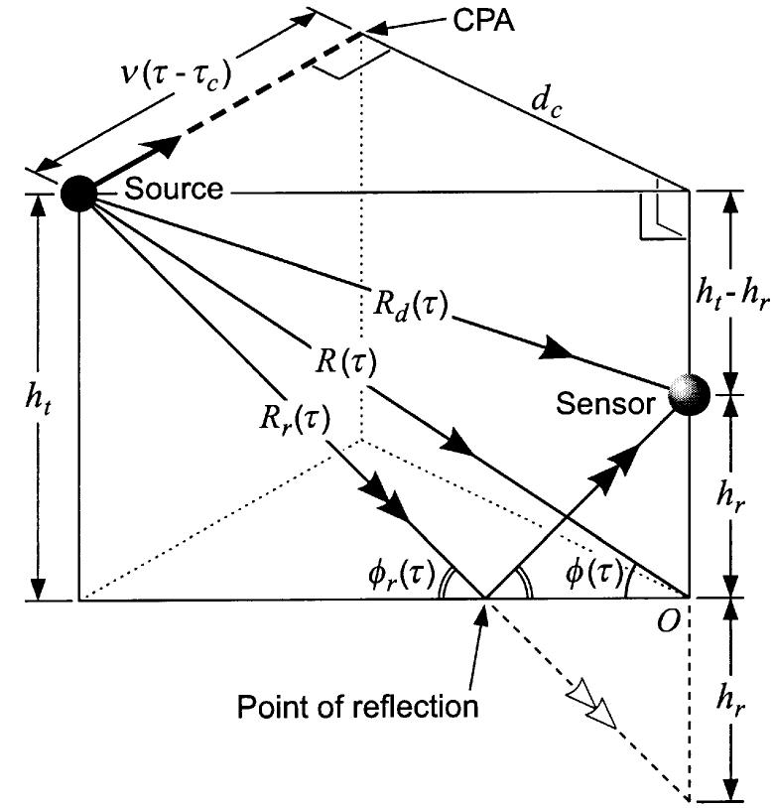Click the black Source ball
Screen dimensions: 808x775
tap(77, 194)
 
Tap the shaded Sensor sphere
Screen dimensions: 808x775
tap(688, 394)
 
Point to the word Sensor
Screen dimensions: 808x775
tap(606, 404)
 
